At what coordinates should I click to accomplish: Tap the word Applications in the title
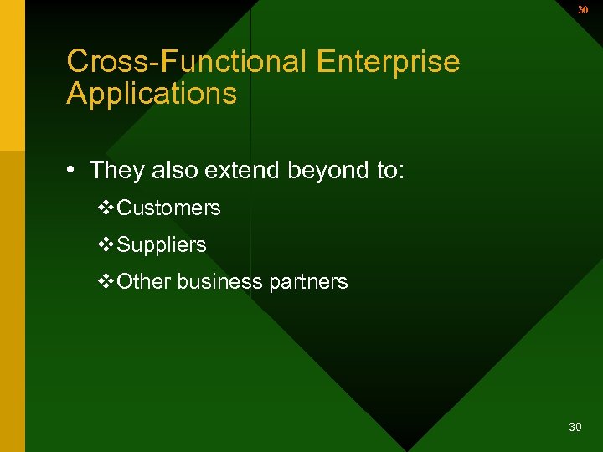[152, 94]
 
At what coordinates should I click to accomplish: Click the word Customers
[169, 208]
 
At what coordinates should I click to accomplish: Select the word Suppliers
[162, 245]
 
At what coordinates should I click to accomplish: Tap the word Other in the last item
[144, 282]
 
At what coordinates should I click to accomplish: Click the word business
[219, 282]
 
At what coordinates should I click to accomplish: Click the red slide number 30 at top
[583, 10]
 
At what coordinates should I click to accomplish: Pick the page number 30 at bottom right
[575, 428]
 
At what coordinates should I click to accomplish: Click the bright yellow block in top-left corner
[13, 75]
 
